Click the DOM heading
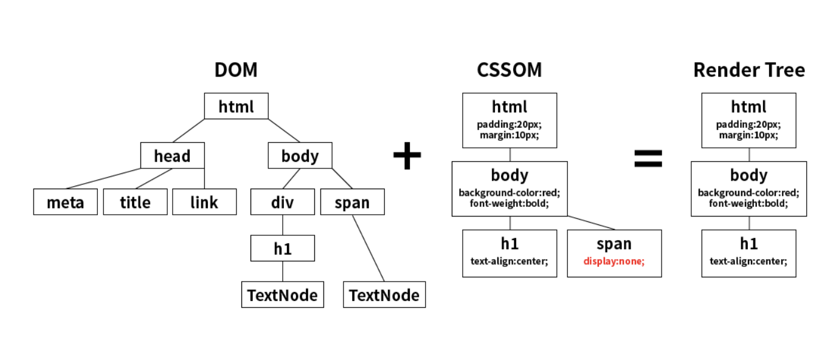pos(236,70)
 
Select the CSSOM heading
pos(510,70)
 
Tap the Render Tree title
pos(749,70)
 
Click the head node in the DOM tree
pos(173,156)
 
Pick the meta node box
pos(66,202)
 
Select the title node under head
pos(136,202)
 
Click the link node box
pos(204,202)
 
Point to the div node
pos(283,202)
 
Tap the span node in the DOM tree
pos(353,202)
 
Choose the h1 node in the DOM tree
pos(283,248)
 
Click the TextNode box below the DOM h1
pos(283,294)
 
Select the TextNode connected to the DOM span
pos(384,294)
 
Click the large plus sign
pos(407,156)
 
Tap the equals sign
pos(648,159)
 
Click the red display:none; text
pos(614,261)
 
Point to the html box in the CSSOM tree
pos(510,120)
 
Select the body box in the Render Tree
pos(749,189)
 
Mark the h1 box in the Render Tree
pos(749,253)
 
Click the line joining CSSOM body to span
pos(591,223)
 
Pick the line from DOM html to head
pos(188,131)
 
